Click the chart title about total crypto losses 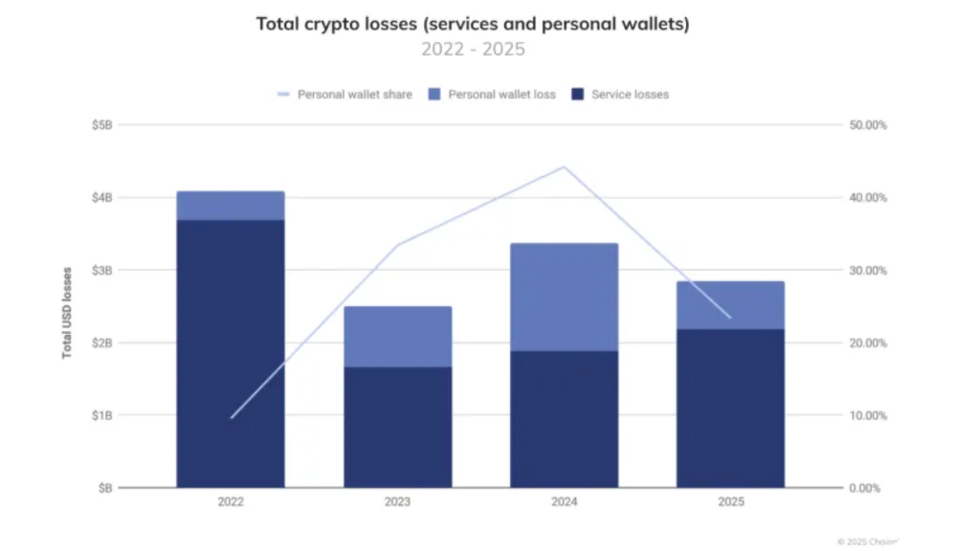tap(473, 24)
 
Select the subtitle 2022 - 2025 tap(473, 49)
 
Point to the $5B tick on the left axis tap(101, 125)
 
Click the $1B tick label tap(101, 416)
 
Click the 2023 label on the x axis tap(397, 502)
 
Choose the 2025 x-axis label tap(730, 502)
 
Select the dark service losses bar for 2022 tap(230, 354)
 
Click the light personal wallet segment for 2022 tap(230, 206)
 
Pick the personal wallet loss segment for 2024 tap(564, 298)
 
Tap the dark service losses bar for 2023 tap(397, 427)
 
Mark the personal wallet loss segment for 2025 tap(730, 305)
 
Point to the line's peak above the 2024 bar tap(564, 167)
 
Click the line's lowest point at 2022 tap(231, 418)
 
